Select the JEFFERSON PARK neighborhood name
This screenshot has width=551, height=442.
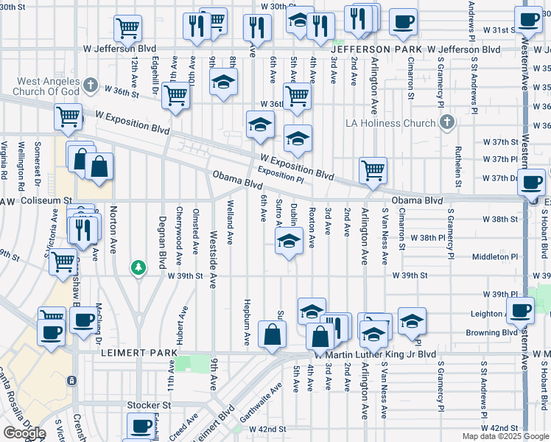pos(366,49)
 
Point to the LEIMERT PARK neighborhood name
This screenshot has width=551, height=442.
pos(138,354)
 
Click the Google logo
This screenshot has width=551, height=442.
pos(24,433)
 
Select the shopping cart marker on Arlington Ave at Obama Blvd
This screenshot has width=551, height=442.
pos(373,170)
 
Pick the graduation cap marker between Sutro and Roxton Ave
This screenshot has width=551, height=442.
pos(289,241)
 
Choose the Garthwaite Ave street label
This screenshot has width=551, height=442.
pos(273,399)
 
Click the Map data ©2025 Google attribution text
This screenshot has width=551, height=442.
pos(505,436)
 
